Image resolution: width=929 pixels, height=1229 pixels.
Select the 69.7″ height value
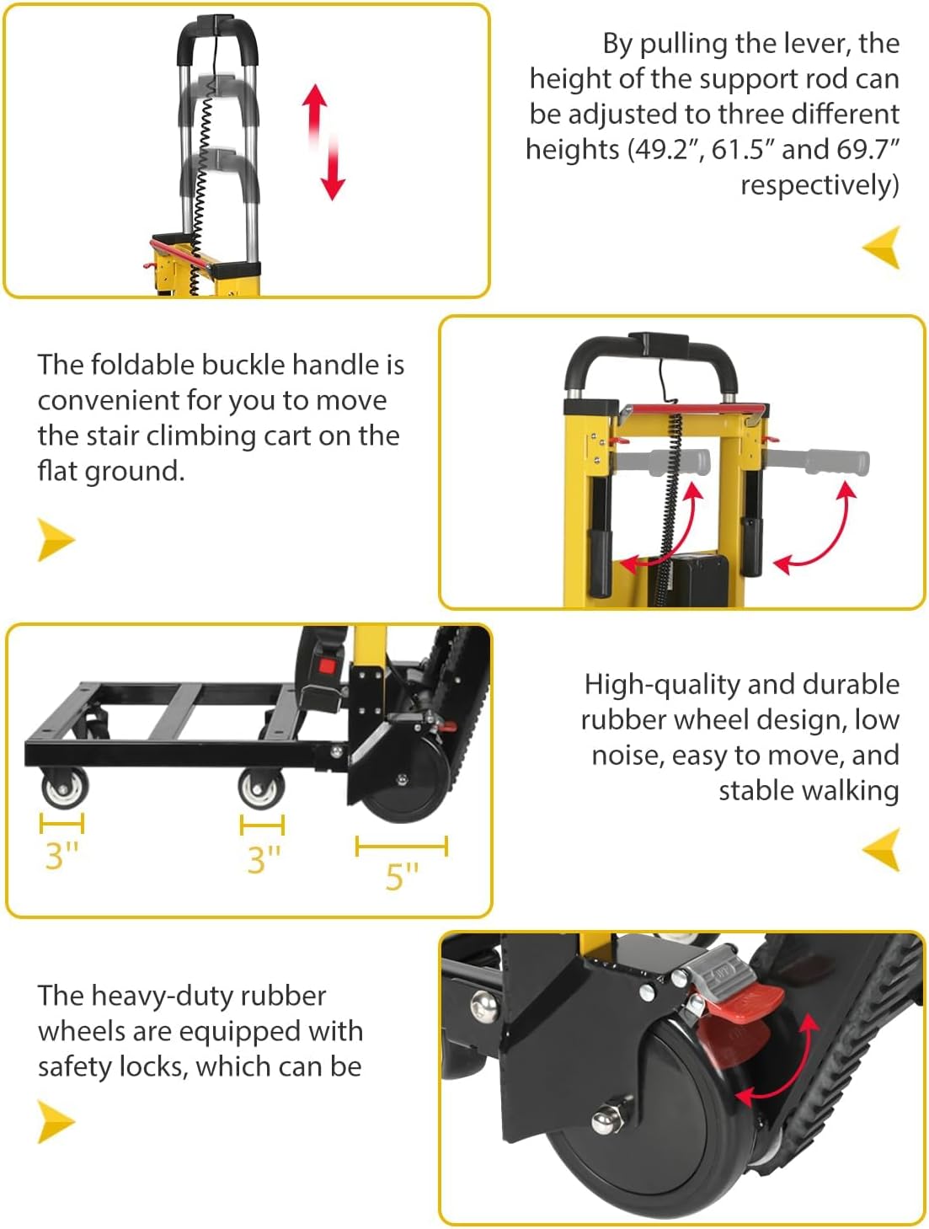[868, 149]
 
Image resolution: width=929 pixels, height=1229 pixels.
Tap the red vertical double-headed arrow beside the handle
[323, 142]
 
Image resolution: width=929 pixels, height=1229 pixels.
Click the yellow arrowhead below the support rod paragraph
[882, 247]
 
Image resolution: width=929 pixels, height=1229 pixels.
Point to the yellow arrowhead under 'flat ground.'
[56, 539]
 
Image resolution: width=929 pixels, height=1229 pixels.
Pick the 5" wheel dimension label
[402, 876]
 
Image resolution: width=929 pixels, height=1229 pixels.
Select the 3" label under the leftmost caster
[61, 856]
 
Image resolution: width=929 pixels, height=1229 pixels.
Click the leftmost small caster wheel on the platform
[64, 789]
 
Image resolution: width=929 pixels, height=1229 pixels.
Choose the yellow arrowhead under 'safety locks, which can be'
[56, 1122]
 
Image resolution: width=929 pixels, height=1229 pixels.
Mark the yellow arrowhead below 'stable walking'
[882, 849]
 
